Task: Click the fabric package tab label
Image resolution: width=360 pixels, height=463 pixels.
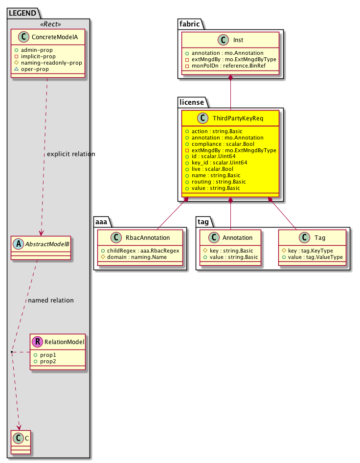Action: [189, 23]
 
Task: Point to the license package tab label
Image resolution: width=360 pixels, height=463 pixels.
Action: [191, 101]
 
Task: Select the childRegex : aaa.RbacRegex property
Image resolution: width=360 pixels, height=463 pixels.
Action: [142, 251]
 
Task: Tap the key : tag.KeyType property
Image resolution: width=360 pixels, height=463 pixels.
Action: [312, 251]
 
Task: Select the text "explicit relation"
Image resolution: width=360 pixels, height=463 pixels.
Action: [71, 154]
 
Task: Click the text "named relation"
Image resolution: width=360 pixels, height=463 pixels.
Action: [51, 300]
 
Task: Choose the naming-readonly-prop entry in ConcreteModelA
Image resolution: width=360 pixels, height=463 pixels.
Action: [51, 63]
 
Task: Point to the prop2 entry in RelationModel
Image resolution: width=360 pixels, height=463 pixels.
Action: [48, 361]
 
